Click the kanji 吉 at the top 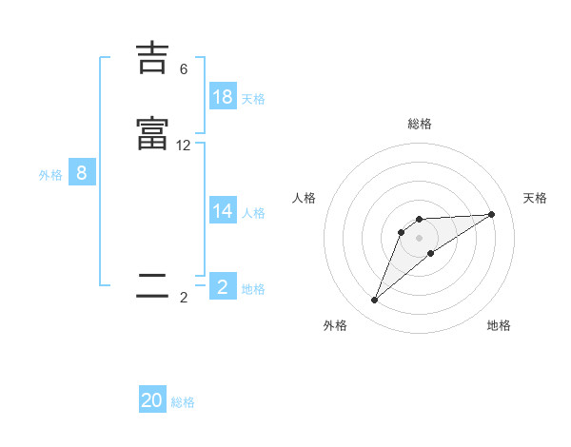click(x=152, y=59)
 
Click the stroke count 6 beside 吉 click(x=184, y=69)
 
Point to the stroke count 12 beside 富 click(x=184, y=146)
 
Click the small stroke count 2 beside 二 click(x=184, y=298)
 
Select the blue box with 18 click(x=223, y=97)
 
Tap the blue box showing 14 click(x=223, y=211)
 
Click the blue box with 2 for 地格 click(x=223, y=287)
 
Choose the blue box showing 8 click(x=82, y=173)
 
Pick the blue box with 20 click(x=152, y=400)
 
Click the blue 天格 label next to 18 click(x=253, y=99)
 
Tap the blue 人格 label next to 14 click(x=253, y=213)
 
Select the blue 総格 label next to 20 click(x=183, y=402)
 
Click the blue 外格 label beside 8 click(x=50, y=175)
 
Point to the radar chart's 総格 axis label click(x=419, y=124)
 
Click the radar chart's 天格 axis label click(x=535, y=198)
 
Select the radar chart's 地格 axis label click(x=499, y=325)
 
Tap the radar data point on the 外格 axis click(x=375, y=301)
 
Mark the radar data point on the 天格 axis click(x=492, y=214)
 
